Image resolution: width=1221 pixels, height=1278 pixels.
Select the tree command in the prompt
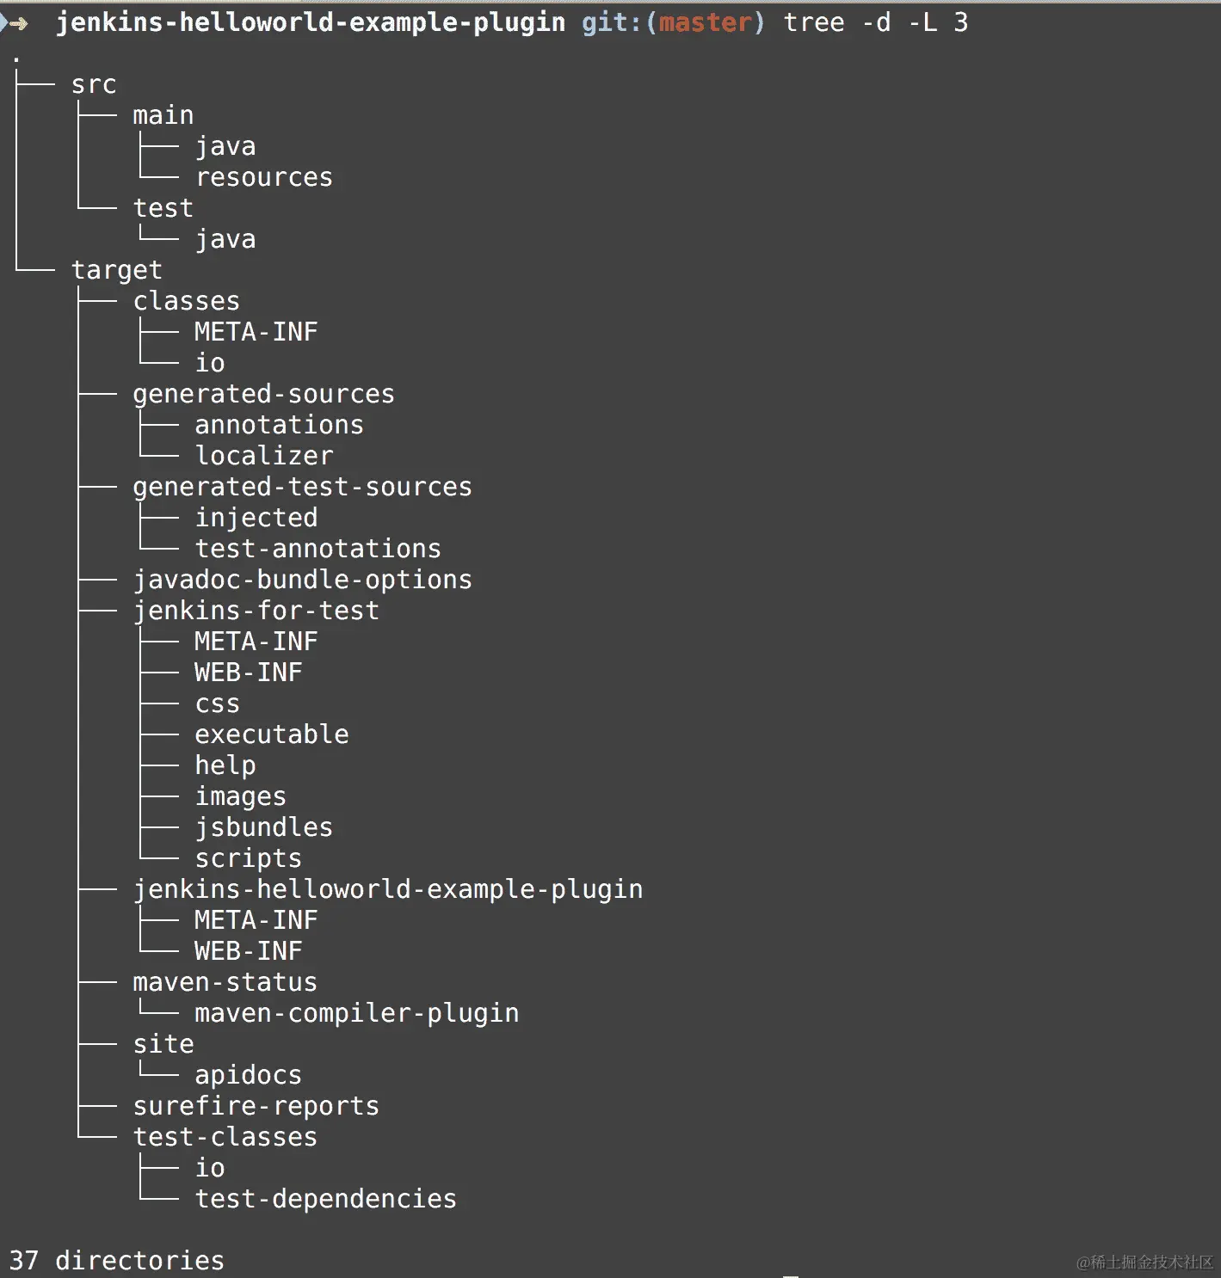tap(813, 22)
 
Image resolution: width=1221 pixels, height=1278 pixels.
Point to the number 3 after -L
tap(960, 22)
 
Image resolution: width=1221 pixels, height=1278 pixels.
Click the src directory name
tap(93, 84)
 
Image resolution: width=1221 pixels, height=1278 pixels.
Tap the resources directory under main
tap(263, 177)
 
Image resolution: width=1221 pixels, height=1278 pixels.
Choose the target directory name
tap(116, 270)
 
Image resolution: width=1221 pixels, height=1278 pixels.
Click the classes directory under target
tap(186, 301)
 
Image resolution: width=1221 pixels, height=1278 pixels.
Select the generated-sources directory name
tap(263, 394)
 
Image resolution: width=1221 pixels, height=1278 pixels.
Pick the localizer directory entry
tap(263, 456)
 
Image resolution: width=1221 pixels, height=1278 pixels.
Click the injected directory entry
tap(256, 518)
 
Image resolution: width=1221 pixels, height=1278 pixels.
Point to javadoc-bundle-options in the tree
tap(302, 580)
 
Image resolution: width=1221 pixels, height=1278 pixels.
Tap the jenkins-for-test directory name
tap(256, 611)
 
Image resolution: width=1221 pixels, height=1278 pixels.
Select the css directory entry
tap(217, 704)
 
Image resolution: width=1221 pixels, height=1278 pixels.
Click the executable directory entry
tap(271, 734)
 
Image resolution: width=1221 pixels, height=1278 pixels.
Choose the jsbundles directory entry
tap(263, 827)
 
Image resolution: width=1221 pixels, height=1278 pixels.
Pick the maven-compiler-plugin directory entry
tap(356, 1013)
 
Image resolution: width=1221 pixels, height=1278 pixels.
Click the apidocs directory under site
tap(248, 1075)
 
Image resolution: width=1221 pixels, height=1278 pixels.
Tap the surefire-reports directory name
tap(256, 1106)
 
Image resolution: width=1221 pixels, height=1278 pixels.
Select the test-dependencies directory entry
tap(325, 1199)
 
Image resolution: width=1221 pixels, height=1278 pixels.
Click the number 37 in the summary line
tap(24, 1261)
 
